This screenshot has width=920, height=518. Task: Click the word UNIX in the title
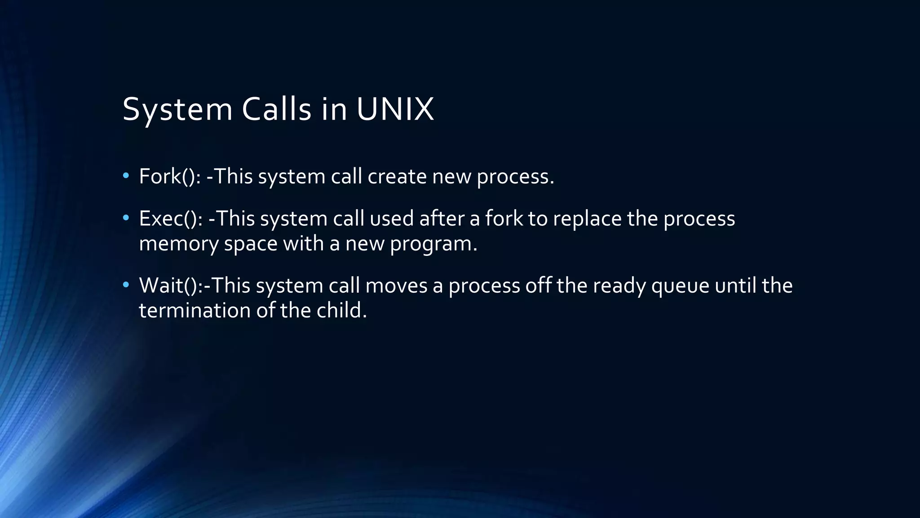pos(395,109)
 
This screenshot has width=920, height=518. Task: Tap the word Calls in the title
pos(276,109)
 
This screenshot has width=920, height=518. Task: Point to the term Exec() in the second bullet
pos(170,219)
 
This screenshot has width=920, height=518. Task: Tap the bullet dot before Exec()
pos(126,218)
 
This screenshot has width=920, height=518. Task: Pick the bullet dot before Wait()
pos(126,285)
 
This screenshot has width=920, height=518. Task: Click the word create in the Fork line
pos(397,176)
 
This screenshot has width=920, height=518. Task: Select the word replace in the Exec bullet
pos(587,219)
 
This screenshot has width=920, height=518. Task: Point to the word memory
pos(179,244)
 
